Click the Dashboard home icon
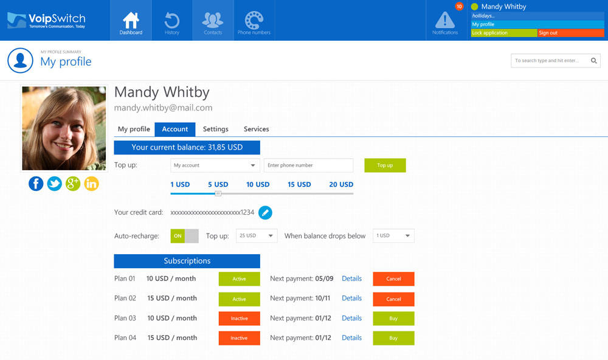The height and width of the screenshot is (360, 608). (x=131, y=20)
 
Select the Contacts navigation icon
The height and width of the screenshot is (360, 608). (x=213, y=21)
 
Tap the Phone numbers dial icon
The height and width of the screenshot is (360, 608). (x=254, y=21)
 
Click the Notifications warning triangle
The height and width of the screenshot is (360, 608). (x=445, y=20)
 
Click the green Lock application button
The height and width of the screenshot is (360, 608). (x=503, y=33)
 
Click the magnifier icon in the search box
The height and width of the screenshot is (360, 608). (x=595, y=60)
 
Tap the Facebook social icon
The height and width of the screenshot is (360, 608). (x=36, y=184)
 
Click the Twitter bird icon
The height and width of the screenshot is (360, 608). (x=55, y=184)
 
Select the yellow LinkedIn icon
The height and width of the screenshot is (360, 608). (x=91, y=184)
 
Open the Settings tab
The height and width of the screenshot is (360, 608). (x=216, y=129)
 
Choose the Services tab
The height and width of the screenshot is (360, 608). (x=256, y=129)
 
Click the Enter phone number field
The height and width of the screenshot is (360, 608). (x=308, y=165)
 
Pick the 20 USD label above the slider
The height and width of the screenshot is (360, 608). (x=341, y=184)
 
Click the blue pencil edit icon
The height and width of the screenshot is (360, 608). (x=265, y=212)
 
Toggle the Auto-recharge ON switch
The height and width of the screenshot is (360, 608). (x=184, y=236)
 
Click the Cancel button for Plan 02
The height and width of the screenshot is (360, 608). (x=393, y=299)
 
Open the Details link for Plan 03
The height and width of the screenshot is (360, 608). (x=351, y=318)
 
